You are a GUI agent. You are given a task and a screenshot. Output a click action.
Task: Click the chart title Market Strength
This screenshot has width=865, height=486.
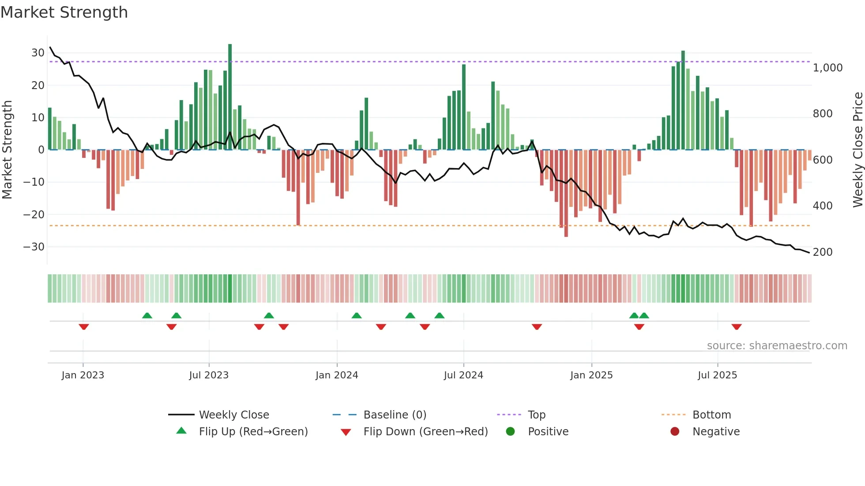pos(64,12)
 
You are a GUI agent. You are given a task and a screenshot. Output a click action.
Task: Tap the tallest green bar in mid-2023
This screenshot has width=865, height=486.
pos(230,97)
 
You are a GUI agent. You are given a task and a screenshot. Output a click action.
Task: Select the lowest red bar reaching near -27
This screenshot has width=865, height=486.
pos(566,194)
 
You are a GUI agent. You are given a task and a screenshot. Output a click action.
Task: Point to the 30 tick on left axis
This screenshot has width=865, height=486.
pos(38,53)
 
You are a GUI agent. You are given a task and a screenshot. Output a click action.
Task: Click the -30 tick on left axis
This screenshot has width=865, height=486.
pos(34,247)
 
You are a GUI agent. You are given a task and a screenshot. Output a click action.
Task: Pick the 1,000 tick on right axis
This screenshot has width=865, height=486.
pos(827,68)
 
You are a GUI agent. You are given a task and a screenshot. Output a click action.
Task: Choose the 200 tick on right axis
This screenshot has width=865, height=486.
pos(823,252)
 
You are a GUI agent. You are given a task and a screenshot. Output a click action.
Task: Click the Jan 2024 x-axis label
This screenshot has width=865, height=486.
pos(337,375)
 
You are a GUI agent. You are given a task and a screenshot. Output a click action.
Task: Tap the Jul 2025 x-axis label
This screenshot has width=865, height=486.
pos(717,375)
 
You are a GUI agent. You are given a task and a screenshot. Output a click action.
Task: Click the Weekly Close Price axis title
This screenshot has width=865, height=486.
pos(857,150)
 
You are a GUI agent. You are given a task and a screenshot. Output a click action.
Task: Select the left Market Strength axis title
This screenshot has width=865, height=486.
pos(7,150)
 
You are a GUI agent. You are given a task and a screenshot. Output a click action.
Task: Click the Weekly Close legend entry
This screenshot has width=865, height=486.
pos(233,415)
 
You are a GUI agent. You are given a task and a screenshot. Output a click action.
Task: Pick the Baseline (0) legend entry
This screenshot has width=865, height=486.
pos(395,415)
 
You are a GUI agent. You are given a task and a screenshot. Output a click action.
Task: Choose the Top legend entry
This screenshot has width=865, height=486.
pos(536,415)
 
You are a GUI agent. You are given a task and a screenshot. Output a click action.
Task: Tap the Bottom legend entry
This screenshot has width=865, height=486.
pos(711,415)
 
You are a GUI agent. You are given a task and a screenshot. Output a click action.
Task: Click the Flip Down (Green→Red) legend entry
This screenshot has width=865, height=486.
pos(425,432)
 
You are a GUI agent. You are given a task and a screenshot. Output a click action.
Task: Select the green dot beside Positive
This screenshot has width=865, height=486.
pos(511,432)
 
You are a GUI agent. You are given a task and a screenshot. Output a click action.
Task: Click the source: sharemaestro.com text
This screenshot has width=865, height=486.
pos(777,346)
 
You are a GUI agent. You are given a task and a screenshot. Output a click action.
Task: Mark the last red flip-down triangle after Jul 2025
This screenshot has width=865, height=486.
pos(737,327)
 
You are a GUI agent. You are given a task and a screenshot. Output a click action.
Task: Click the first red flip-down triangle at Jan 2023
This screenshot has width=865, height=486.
pos(84,327)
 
